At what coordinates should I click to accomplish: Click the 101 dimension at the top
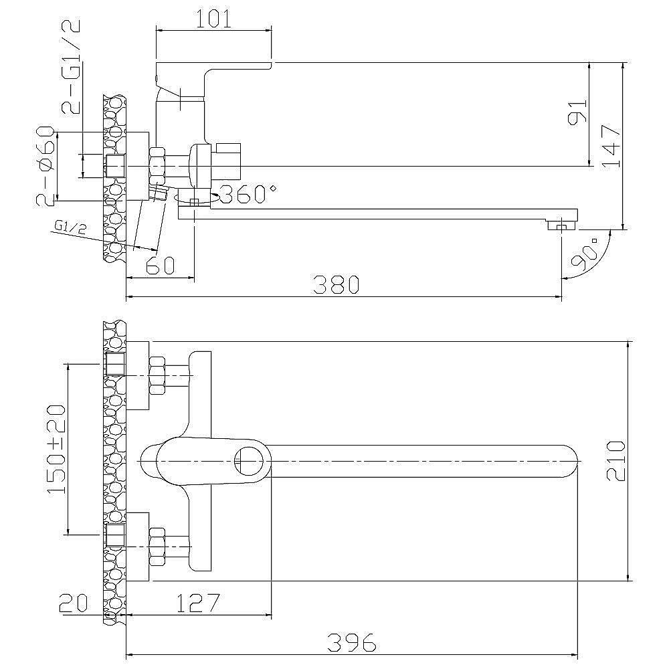(213, 19)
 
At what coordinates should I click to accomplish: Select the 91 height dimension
(578, 112)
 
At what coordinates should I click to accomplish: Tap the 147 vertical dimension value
(611, 147)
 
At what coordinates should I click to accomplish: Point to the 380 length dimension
(337, 284)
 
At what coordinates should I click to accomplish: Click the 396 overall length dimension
(352, 642)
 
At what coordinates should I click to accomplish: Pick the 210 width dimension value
(615, 461)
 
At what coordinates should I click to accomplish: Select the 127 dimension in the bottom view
(197, 603)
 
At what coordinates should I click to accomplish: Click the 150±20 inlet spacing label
(56, 450)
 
